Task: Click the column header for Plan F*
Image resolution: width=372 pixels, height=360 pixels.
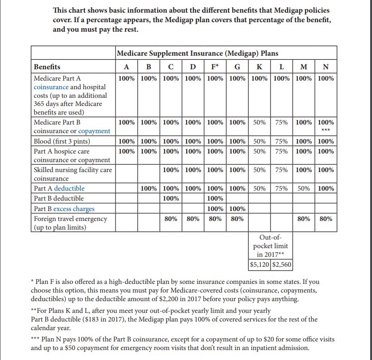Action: click(x=215, y=67)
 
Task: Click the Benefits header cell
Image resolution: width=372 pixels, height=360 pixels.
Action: click(x=47, y=67)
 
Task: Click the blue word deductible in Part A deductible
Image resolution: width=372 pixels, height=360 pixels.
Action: click(x=69, y=188)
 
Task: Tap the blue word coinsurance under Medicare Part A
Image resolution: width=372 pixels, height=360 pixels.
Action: click(x=51, y=86)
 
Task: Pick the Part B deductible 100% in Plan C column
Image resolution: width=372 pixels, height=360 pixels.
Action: click(x=170, y=198)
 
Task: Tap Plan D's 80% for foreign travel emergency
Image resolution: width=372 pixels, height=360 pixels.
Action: click(x=193, y=219)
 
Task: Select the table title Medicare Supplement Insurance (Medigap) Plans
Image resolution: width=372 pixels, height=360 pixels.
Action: click(x=197, y=53)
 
